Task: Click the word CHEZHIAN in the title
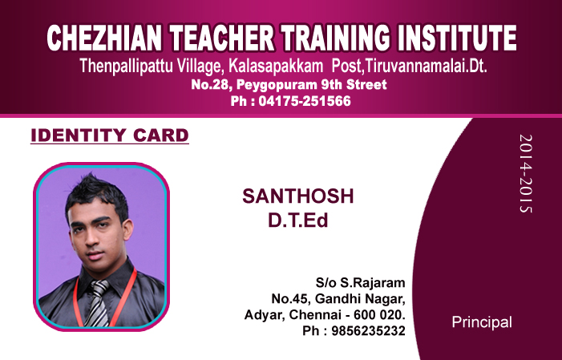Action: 103,38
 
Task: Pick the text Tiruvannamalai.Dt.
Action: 427,66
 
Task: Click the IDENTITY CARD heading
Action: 109,135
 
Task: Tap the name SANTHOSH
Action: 297,196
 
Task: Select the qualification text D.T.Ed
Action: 298,219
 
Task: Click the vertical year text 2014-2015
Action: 525,173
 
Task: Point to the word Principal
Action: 482,322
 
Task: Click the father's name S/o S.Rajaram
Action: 360,282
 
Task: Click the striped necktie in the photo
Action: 97,303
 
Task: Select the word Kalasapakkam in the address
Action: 278,66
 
